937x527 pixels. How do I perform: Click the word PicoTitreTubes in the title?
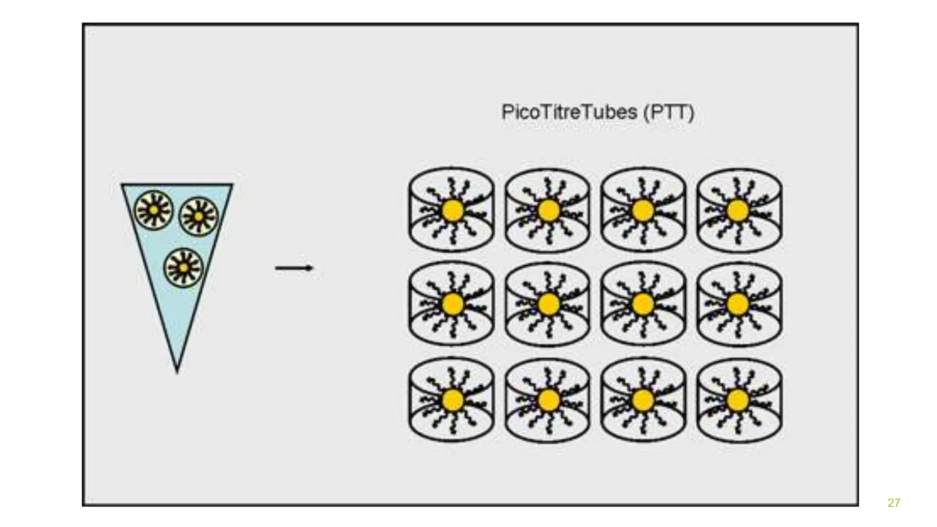coord(569,112)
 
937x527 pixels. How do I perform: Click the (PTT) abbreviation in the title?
coord(669,112)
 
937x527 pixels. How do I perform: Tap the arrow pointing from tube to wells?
coord(294,268)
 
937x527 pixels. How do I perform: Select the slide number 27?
coord(894,503)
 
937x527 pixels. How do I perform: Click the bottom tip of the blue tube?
coord(178,370)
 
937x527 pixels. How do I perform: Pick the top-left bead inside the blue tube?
coord(154,210)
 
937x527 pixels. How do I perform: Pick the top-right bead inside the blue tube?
coord(199,216)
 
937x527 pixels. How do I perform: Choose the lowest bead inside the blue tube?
coord(183,268)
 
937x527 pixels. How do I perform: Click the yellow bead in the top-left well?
coord(453,211)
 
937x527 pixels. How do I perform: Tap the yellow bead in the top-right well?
coord(738,211)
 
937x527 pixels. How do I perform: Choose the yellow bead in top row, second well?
coord(549,211)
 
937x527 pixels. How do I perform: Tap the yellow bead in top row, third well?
coord(643,211)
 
